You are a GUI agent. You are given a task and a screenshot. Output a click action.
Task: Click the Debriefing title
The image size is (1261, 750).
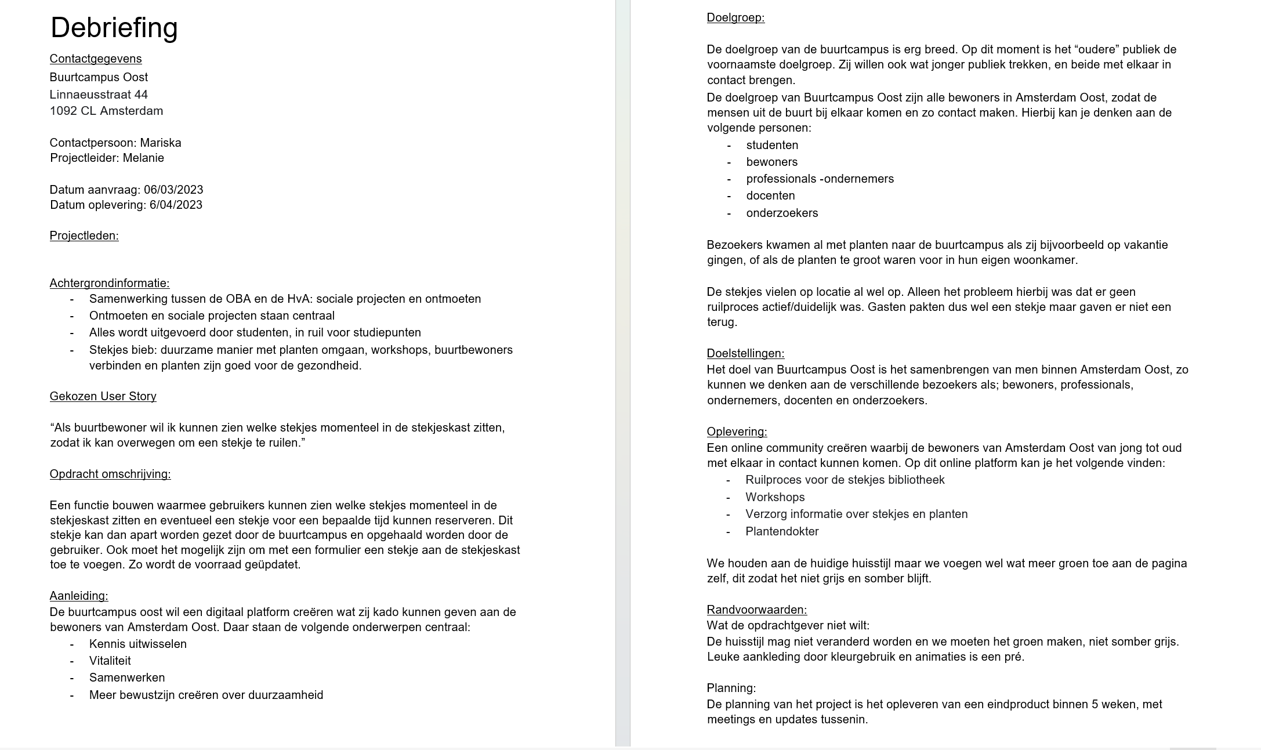coord(114,27)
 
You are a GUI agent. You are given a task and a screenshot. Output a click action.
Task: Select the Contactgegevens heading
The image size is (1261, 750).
coord(96,59)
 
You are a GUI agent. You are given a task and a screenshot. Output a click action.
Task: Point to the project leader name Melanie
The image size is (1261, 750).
coord(143,158)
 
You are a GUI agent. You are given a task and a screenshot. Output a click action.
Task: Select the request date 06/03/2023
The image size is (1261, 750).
coord(173,190)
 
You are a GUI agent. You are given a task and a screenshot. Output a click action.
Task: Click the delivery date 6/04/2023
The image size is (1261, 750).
coord(176,205)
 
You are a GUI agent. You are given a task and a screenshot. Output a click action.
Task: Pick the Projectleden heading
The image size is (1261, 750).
coord(84,235)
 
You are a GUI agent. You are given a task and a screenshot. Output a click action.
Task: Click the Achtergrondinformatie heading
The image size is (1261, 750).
coord(110,283)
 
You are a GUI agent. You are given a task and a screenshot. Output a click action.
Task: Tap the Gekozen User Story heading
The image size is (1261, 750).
coord(103,396)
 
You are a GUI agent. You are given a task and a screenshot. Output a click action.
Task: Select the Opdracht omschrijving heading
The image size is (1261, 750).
coord(110,474)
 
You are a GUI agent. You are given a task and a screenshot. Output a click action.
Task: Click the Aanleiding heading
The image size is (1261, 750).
coord(79,596)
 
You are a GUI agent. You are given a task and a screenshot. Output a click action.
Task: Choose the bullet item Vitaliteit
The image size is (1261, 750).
coord(110,661)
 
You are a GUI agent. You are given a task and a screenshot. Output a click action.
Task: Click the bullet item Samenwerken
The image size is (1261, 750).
coord(127,677)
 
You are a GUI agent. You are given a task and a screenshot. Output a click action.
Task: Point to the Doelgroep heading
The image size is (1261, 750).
coord(735,17)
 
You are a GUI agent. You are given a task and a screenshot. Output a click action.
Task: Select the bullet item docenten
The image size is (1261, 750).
coord(770,195)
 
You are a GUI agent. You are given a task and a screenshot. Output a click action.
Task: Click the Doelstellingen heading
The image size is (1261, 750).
coord(745,353)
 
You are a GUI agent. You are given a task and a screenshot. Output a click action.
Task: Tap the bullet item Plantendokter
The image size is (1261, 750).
coord(782,531)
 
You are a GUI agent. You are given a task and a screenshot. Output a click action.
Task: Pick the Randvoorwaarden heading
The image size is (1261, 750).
coord(756,610)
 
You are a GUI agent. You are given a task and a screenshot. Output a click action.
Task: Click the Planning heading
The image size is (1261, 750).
coord(731,688)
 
